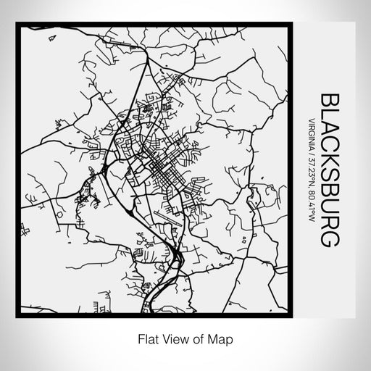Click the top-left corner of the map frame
(x=23, y=25)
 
